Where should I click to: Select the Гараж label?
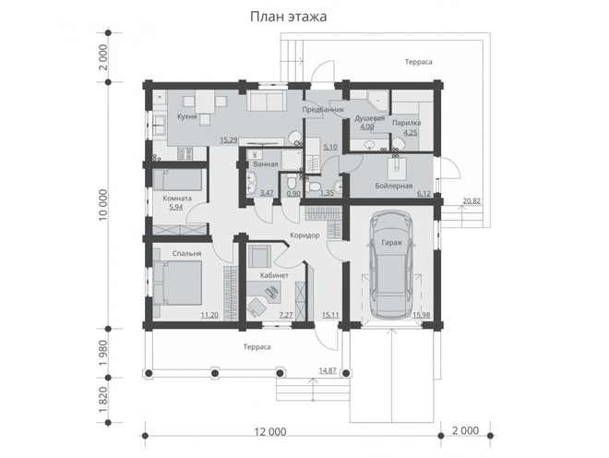coord(389,244)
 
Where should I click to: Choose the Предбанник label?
coord(325,109)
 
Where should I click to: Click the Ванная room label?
coord(267,164)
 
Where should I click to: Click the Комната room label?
coord(176,198)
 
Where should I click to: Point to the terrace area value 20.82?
coord(472,200)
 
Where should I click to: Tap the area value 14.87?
coord(326,370)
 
